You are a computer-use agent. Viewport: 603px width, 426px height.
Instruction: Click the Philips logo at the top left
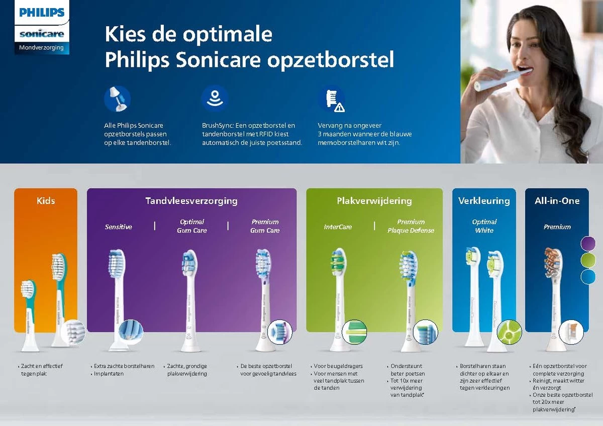pyautogui.click(x=42, y=13)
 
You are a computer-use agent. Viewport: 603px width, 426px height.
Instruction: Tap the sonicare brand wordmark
pyautogui.click(x=42, y=34)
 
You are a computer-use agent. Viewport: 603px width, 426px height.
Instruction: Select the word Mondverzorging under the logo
pyautogui.click(x=41, y=48)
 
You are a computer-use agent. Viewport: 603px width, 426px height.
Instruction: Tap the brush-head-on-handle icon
pyautogui.click(x=117, y=98)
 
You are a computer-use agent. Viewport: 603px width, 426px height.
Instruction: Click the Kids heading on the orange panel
pyautogui.click(x=46, y=201)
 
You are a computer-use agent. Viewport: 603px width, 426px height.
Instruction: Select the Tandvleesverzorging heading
pyautogui.click(x=191, y=201)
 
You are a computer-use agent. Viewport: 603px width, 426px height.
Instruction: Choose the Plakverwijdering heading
pyautogui.click(x=374, y=201)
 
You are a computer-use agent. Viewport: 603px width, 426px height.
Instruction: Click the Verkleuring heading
pyautogui.click(x=484, y=201)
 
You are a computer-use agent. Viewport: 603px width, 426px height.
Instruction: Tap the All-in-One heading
pyautogui.click(x=557, y=201)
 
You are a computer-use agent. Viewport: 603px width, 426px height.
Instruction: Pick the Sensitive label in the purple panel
pyautogui.click(x=119, y=227)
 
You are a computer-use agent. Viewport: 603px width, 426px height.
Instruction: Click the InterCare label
pyautogui.click(x=338, y=227)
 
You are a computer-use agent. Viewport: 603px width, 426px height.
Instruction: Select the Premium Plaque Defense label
pyautogui.click(x=411, y=226)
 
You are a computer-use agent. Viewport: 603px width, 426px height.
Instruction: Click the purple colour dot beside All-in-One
pyautogui.click(x=588, y=244)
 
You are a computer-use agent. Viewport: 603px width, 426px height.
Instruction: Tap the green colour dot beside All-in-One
pyautogui.click(x=588, y=260)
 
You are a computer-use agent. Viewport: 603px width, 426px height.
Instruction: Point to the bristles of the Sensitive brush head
pyautogui.click(x=116, y=263)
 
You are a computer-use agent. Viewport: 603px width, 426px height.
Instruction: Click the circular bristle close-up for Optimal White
pyautogui.click(x=509, y=332)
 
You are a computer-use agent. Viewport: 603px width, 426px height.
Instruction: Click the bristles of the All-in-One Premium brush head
pyautogui.click(x=553, y=262)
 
